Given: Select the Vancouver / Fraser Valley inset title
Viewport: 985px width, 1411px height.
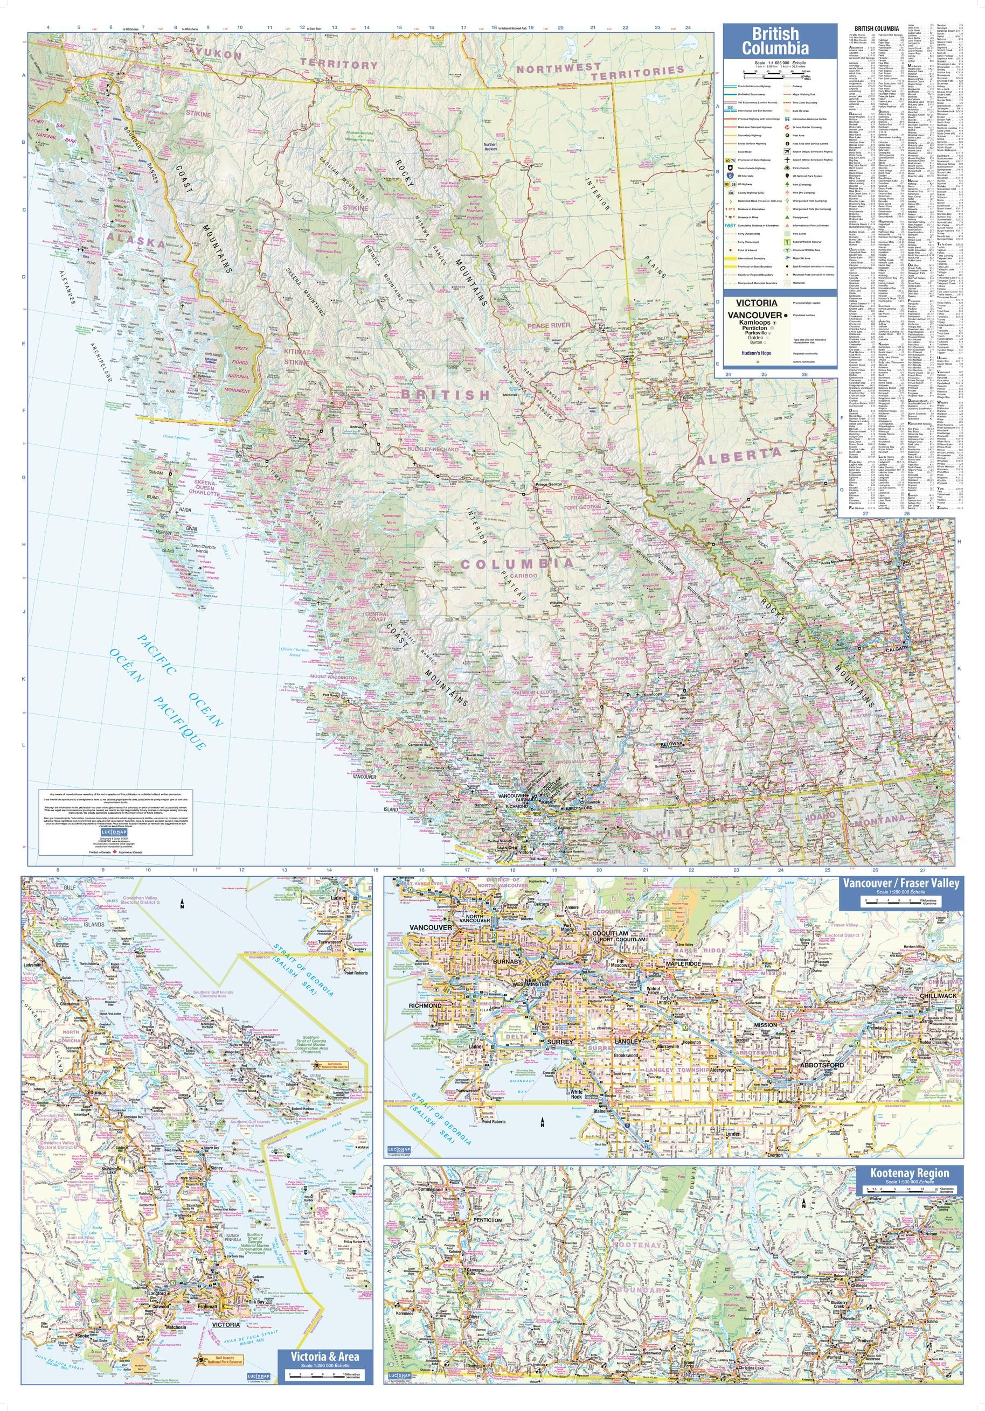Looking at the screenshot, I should pyautogui.click(x=897, y=883).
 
